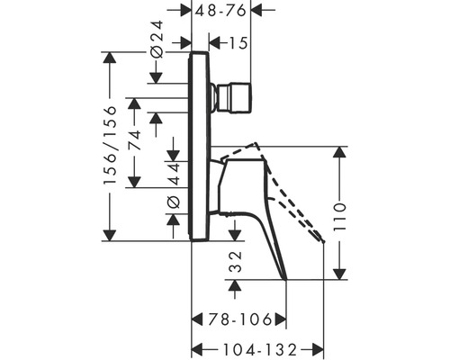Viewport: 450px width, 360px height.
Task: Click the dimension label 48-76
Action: tap(222, 11)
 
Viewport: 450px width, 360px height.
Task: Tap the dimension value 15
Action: tap(238, 42)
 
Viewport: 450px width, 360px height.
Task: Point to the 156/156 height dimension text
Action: tap(110, 146)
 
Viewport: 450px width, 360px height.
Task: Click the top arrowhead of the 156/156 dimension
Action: tap(110, 57)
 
